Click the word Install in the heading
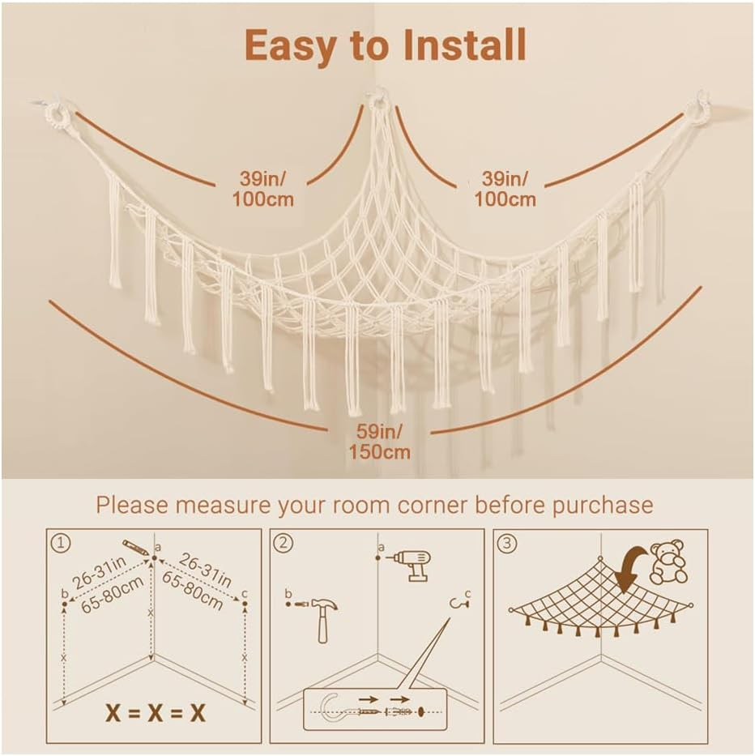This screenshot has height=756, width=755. coord(455,45)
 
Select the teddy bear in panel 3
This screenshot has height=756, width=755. coord(668,562)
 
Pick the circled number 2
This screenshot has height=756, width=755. coord(283,544)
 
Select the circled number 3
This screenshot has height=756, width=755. coord(507,544)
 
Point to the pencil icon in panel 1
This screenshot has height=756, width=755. coord(135,547)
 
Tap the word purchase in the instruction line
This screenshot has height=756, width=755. coord(602,505)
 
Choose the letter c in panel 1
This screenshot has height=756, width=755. coord(245,592)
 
